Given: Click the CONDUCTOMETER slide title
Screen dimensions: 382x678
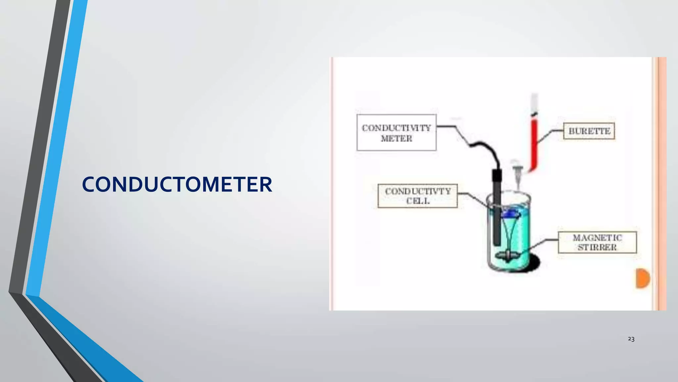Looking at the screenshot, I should click(x=177, y=185).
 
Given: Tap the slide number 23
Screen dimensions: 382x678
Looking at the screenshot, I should click(x=631, y=339).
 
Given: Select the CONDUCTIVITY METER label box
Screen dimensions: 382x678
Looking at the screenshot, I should click(x=396, y=133).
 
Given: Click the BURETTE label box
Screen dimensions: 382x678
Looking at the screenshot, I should click(x=589, y=131).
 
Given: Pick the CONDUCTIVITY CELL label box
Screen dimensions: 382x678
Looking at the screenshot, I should click(x=417, y=196).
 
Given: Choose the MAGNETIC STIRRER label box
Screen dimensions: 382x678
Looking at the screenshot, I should click(x=597, y=242).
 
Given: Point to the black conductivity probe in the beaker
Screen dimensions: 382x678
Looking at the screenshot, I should click(x=497, y=212).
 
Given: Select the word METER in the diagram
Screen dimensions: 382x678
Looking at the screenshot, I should click(x=396, y=138).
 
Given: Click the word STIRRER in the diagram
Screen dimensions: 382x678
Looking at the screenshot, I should click(x=597, y=247).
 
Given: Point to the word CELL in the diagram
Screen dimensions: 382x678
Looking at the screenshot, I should click(x=418, y=201).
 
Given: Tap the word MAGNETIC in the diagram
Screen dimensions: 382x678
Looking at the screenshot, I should click(x=597, y=238).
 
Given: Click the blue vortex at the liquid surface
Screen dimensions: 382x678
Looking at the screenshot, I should click(x=510, y=214).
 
